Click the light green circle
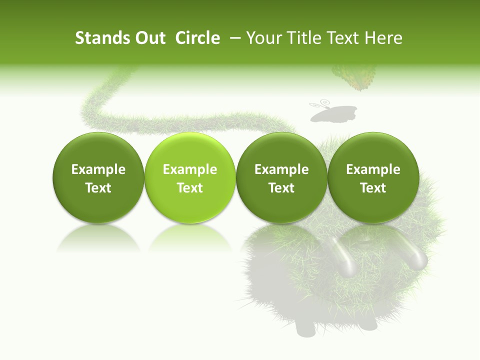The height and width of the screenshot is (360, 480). coord(190,177)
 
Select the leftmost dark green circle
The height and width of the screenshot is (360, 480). coord(98,177)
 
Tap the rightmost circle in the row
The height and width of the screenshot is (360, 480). coord(373,177)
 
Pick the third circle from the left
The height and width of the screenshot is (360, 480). coord(281,177)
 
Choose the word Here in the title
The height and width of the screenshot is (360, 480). coord(383,38)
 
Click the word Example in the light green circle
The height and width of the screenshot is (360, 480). coord(190,169)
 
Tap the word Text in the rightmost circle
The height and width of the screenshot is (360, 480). coord(373,188)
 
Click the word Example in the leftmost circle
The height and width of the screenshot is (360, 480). coord(98,169)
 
